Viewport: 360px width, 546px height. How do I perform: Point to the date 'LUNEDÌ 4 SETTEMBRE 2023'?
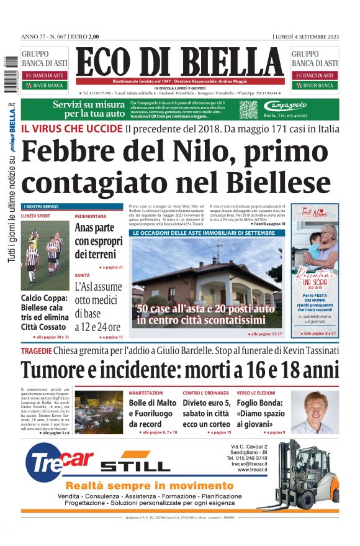[x=307, y=37]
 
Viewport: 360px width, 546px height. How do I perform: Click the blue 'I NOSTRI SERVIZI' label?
[x=41, y=206]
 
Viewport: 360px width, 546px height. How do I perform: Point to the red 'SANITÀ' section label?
[x=83, y=275]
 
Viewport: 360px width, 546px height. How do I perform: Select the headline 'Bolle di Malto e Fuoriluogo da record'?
[x=153, y=413]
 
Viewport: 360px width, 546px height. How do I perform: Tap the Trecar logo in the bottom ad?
[x=60, y=462]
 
